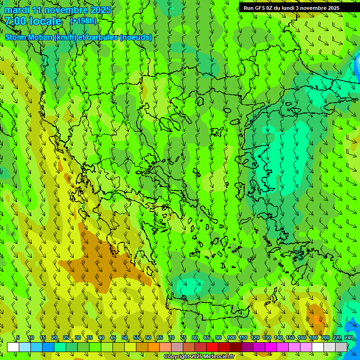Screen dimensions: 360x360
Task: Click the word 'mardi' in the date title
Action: tap(17, 10)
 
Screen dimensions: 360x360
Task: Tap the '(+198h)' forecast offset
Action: tap(83, 21)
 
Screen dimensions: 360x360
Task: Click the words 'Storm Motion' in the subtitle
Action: tap(29, 37)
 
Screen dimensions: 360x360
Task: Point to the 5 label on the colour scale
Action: tap(18, 337)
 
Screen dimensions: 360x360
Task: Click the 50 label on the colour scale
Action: tap(124, 337)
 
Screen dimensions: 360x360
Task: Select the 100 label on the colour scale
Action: tap(232, 337)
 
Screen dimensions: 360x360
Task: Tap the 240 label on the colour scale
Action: tap(349, 337)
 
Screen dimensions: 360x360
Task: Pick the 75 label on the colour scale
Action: tap(183, 337)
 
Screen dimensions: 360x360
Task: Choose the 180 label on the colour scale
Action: tap(313, 337)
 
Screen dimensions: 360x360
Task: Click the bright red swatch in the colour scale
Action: tap(212, 347)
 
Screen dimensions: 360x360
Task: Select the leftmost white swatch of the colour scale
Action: tap(13, 347)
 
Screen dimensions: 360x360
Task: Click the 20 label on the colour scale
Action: tap(54, 337)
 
